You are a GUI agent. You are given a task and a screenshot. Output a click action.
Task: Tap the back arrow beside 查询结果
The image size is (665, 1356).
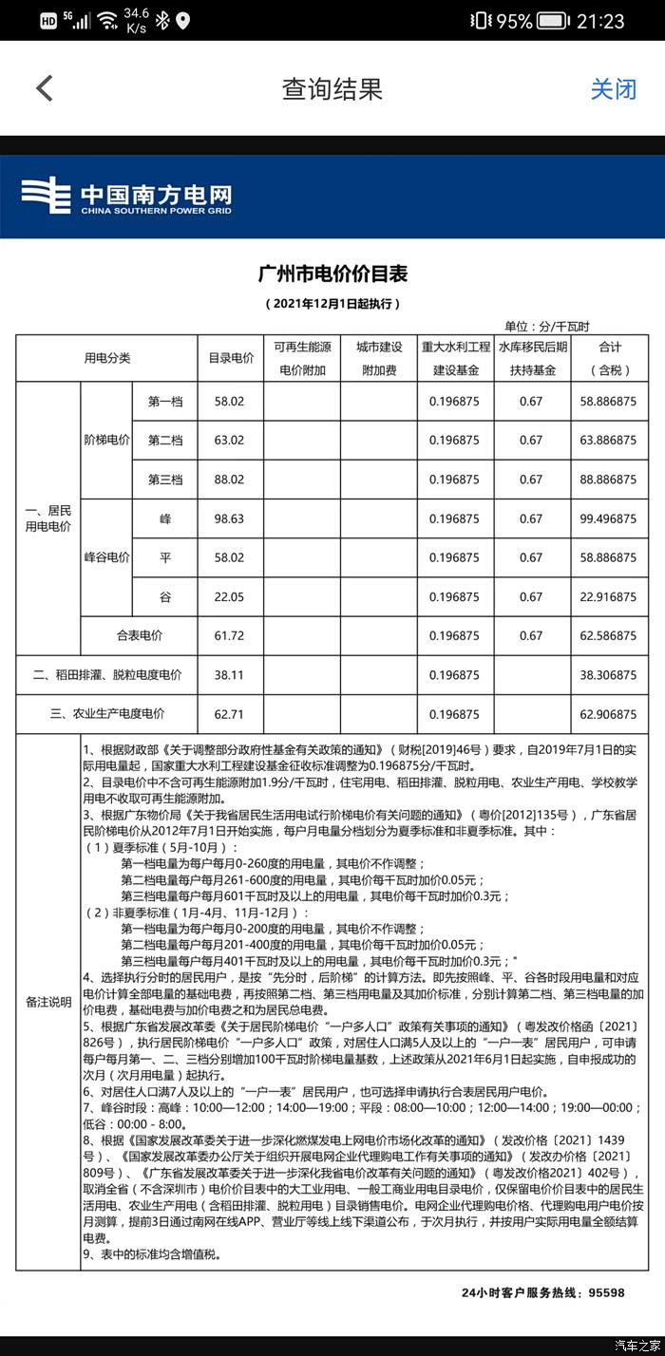pos(44,88)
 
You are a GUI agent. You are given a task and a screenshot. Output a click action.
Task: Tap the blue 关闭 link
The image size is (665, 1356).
pos(613,89)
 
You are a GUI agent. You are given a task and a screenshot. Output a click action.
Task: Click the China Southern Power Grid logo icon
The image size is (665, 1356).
pos(46,197)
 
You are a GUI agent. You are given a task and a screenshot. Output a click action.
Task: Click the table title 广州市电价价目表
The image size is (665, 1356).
pos(332,274)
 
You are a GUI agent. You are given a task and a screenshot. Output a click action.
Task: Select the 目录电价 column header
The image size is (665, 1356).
pos(231,358)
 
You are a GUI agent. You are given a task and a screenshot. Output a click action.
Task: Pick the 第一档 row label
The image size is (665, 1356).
pos(165,402)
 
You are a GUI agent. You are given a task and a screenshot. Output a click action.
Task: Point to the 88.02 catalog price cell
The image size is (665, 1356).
pos(229,480)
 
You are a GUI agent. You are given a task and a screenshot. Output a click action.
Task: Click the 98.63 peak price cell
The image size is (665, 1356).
pos(229,518)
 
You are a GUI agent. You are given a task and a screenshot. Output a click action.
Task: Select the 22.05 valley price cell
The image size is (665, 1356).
pos(229,596)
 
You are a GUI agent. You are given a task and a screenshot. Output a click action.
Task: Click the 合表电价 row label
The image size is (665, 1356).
pos(140,635)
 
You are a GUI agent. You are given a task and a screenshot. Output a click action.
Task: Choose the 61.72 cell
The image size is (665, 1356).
pos(229,635)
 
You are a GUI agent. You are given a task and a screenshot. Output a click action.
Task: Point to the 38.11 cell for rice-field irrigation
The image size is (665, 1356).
pos(229,675)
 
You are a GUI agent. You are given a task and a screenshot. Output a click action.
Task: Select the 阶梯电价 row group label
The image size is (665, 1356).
pos(106,440)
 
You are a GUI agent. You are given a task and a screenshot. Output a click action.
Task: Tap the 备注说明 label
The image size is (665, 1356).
pos(47,1002)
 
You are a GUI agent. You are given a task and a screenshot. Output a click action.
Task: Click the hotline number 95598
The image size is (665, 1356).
pos(606,1292)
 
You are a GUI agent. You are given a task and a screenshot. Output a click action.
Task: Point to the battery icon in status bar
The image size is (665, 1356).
pos(553,21)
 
